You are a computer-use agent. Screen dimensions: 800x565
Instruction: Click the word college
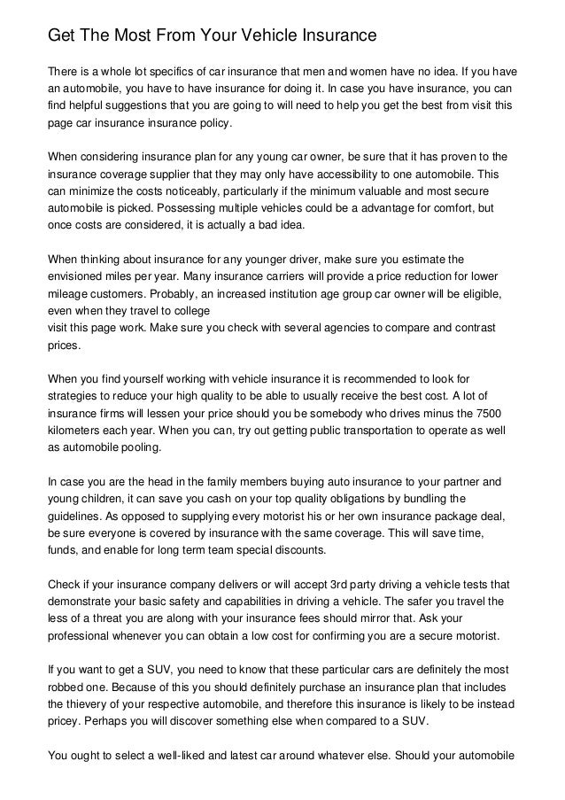(x=188, y=310)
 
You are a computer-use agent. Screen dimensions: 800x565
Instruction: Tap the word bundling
(x=437, y=499)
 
